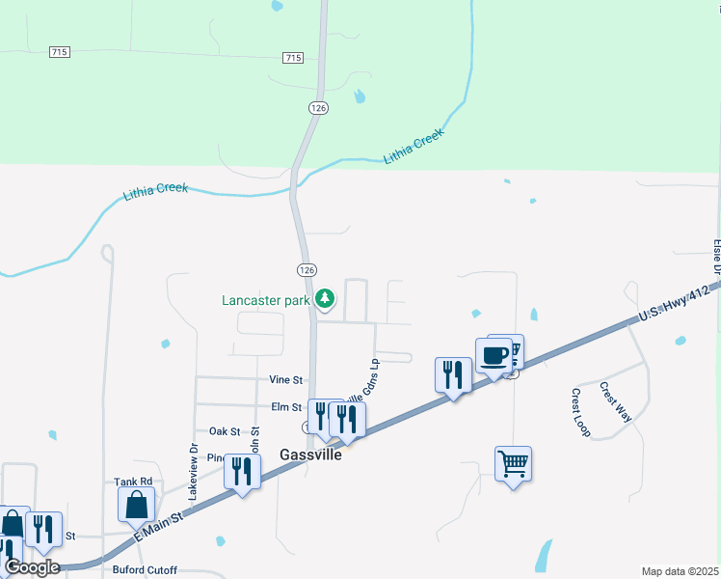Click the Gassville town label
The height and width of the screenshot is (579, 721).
(311, 455)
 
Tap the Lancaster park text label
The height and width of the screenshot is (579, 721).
(266, 300)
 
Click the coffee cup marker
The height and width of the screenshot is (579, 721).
(494, 355)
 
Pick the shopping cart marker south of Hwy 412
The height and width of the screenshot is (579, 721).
(513, 464)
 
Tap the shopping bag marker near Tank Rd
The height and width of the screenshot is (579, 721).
(137, 505)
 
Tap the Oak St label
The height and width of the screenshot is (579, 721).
(225, 431)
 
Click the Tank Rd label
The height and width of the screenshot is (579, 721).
(133, 482)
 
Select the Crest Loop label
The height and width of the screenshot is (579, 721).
(580, 412)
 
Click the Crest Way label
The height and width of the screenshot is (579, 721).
(614, 401)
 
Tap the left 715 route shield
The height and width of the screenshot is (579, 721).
(60, 51)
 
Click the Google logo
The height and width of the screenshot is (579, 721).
(32, 567)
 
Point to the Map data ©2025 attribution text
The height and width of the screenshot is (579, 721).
(681, 571)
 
